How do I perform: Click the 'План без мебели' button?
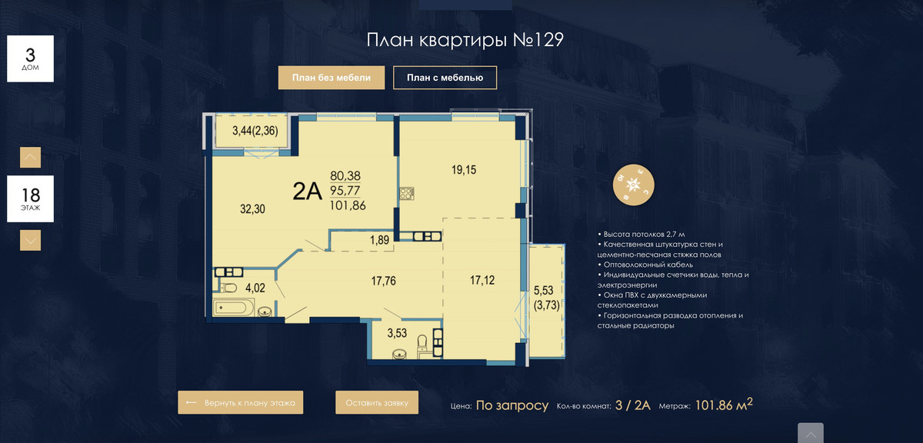click(x=332, y=78)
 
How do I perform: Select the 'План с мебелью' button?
click(x=445, y=78)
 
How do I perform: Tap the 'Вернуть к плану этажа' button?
click(x=241, y=402)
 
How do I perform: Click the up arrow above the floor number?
click(x=31, y=158)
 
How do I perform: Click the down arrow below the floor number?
click(x=31, y=240)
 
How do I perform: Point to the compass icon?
click(x=633, y=185)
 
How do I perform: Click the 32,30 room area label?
click(x=252, y=209)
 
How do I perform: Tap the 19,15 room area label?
click(x=464, y=169)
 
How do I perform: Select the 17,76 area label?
click(x=383, y=281)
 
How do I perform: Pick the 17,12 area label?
click(x=482, y=280)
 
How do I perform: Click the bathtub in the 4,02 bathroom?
click(x=232, y=308)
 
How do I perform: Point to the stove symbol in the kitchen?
click(x=407, y=193)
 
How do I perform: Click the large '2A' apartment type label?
click(x=307, y=192)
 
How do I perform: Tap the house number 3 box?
click(x=31, y=58)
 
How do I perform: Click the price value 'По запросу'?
click(x=512, y=405)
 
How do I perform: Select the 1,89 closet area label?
click(x=379, y=240)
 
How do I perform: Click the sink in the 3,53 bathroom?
click(x=399, y=354)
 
